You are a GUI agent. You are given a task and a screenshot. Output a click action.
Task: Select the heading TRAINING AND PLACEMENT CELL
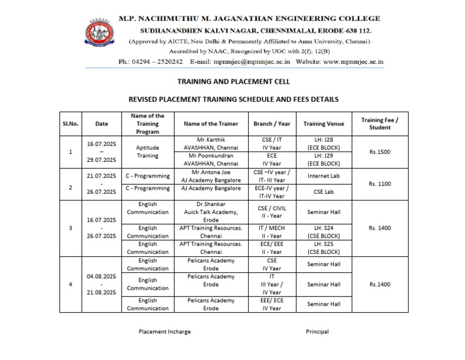(233, 81)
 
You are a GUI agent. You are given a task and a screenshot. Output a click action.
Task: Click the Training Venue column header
(323, 124)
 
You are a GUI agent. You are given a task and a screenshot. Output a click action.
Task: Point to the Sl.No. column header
(70, 124)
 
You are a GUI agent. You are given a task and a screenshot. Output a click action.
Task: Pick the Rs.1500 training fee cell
(380, 152)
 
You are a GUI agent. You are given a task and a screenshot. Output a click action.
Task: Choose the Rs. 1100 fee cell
(380, 184)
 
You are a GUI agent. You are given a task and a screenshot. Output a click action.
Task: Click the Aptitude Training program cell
(147, 152)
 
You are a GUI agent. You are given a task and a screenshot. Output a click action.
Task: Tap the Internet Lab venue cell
(323, 176)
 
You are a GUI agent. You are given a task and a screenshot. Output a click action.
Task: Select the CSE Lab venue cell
(323, 192)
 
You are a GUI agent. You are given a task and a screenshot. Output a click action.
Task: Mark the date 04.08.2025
(102, 276)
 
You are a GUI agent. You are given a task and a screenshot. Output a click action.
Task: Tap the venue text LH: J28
(323, 139)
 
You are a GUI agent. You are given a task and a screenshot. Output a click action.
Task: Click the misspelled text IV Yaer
(272, 268)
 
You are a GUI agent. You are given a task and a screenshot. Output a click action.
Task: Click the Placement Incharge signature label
(164, 332)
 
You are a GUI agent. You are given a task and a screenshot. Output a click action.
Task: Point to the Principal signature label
(317, 332)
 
